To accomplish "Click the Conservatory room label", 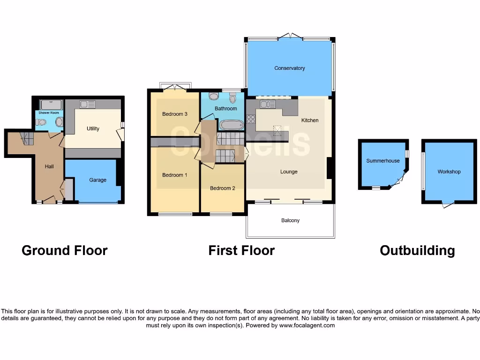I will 290,68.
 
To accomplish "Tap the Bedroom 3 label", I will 175,114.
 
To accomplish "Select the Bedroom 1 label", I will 175,175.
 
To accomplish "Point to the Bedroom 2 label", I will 222,188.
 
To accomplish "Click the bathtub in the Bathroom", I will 232,125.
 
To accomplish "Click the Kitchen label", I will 310,120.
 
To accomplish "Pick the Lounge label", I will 289,172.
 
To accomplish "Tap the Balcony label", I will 290,220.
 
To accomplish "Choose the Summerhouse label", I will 383,161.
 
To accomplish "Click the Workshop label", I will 449,172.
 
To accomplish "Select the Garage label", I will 97,180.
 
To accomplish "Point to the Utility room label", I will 93,128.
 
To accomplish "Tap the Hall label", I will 49,166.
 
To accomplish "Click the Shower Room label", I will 49,113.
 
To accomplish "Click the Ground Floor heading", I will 65,251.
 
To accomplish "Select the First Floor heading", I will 241,251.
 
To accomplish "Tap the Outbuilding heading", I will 417,251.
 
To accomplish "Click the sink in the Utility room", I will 87,104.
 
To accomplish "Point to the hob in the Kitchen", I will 251,119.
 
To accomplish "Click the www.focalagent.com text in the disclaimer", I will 307,325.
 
